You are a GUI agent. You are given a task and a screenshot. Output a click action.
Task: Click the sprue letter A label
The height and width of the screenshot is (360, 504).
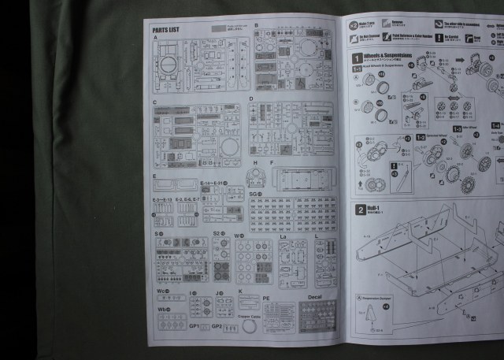(x=156, y=37)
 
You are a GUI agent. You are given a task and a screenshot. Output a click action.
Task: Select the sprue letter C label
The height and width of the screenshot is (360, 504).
(x=156, y=102)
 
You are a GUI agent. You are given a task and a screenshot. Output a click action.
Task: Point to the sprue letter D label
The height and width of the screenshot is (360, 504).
(x=251, y=100)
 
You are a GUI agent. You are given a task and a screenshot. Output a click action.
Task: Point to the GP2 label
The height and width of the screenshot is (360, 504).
(x=217, y=325)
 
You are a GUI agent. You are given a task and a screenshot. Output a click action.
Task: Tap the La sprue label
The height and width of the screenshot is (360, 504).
(x=283, y=235)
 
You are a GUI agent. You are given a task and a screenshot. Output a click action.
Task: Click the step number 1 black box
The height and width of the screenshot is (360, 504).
(x=358, y=58)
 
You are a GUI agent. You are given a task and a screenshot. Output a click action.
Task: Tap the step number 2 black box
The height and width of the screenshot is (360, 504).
(x=358, y=210)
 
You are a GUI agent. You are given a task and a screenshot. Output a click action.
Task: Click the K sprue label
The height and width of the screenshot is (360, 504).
(x=240, y=291)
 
